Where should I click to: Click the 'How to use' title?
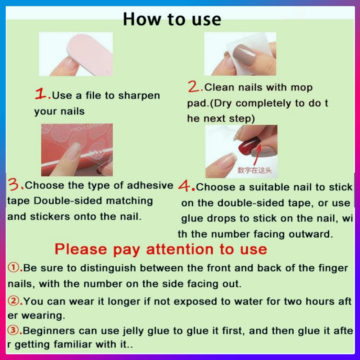coord(172,19)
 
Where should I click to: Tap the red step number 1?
coord(41,94)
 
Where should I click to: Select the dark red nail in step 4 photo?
coord(248,146)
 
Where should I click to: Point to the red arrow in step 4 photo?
coord(258,154)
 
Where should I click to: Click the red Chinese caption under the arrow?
coord(255,170)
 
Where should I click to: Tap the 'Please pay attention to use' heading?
coord(161,249)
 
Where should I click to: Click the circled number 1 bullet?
coord(14,267)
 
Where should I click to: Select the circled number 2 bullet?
coord(14,301)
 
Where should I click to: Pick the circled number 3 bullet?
coord(14,330)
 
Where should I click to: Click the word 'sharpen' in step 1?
coord(139,96)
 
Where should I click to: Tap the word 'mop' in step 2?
coord(301,88)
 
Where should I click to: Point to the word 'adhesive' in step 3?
coord(150,185)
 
